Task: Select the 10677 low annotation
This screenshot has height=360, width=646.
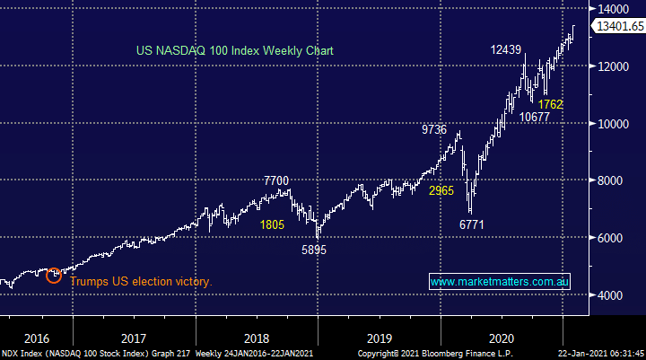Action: point(535,117)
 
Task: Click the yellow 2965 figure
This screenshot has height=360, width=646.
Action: point(441,190)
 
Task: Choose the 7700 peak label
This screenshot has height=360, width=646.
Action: point(276,181)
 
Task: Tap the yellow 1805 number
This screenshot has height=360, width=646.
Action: point(273,224)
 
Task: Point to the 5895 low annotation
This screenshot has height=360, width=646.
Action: point(313,250)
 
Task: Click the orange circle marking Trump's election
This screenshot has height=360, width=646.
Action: point(54,275)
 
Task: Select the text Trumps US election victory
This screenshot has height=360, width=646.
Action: point(140,282)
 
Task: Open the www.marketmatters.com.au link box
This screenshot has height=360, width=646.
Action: point(500,282)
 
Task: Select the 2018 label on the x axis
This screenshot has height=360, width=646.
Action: point(257,338)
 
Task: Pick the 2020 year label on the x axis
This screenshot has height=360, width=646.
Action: point(502,338)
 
